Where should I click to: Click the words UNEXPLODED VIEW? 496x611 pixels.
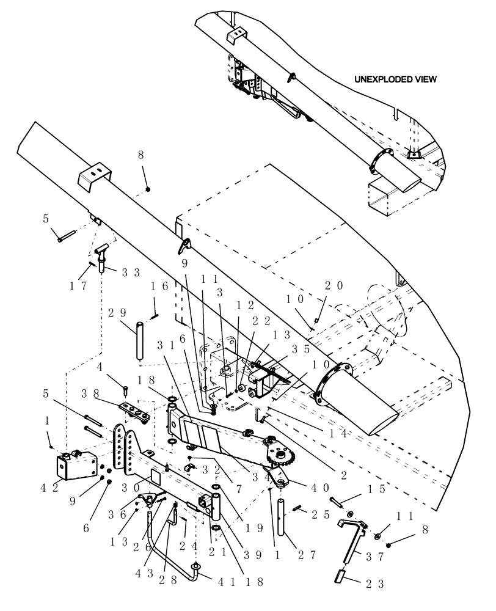(x=396, y=79)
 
